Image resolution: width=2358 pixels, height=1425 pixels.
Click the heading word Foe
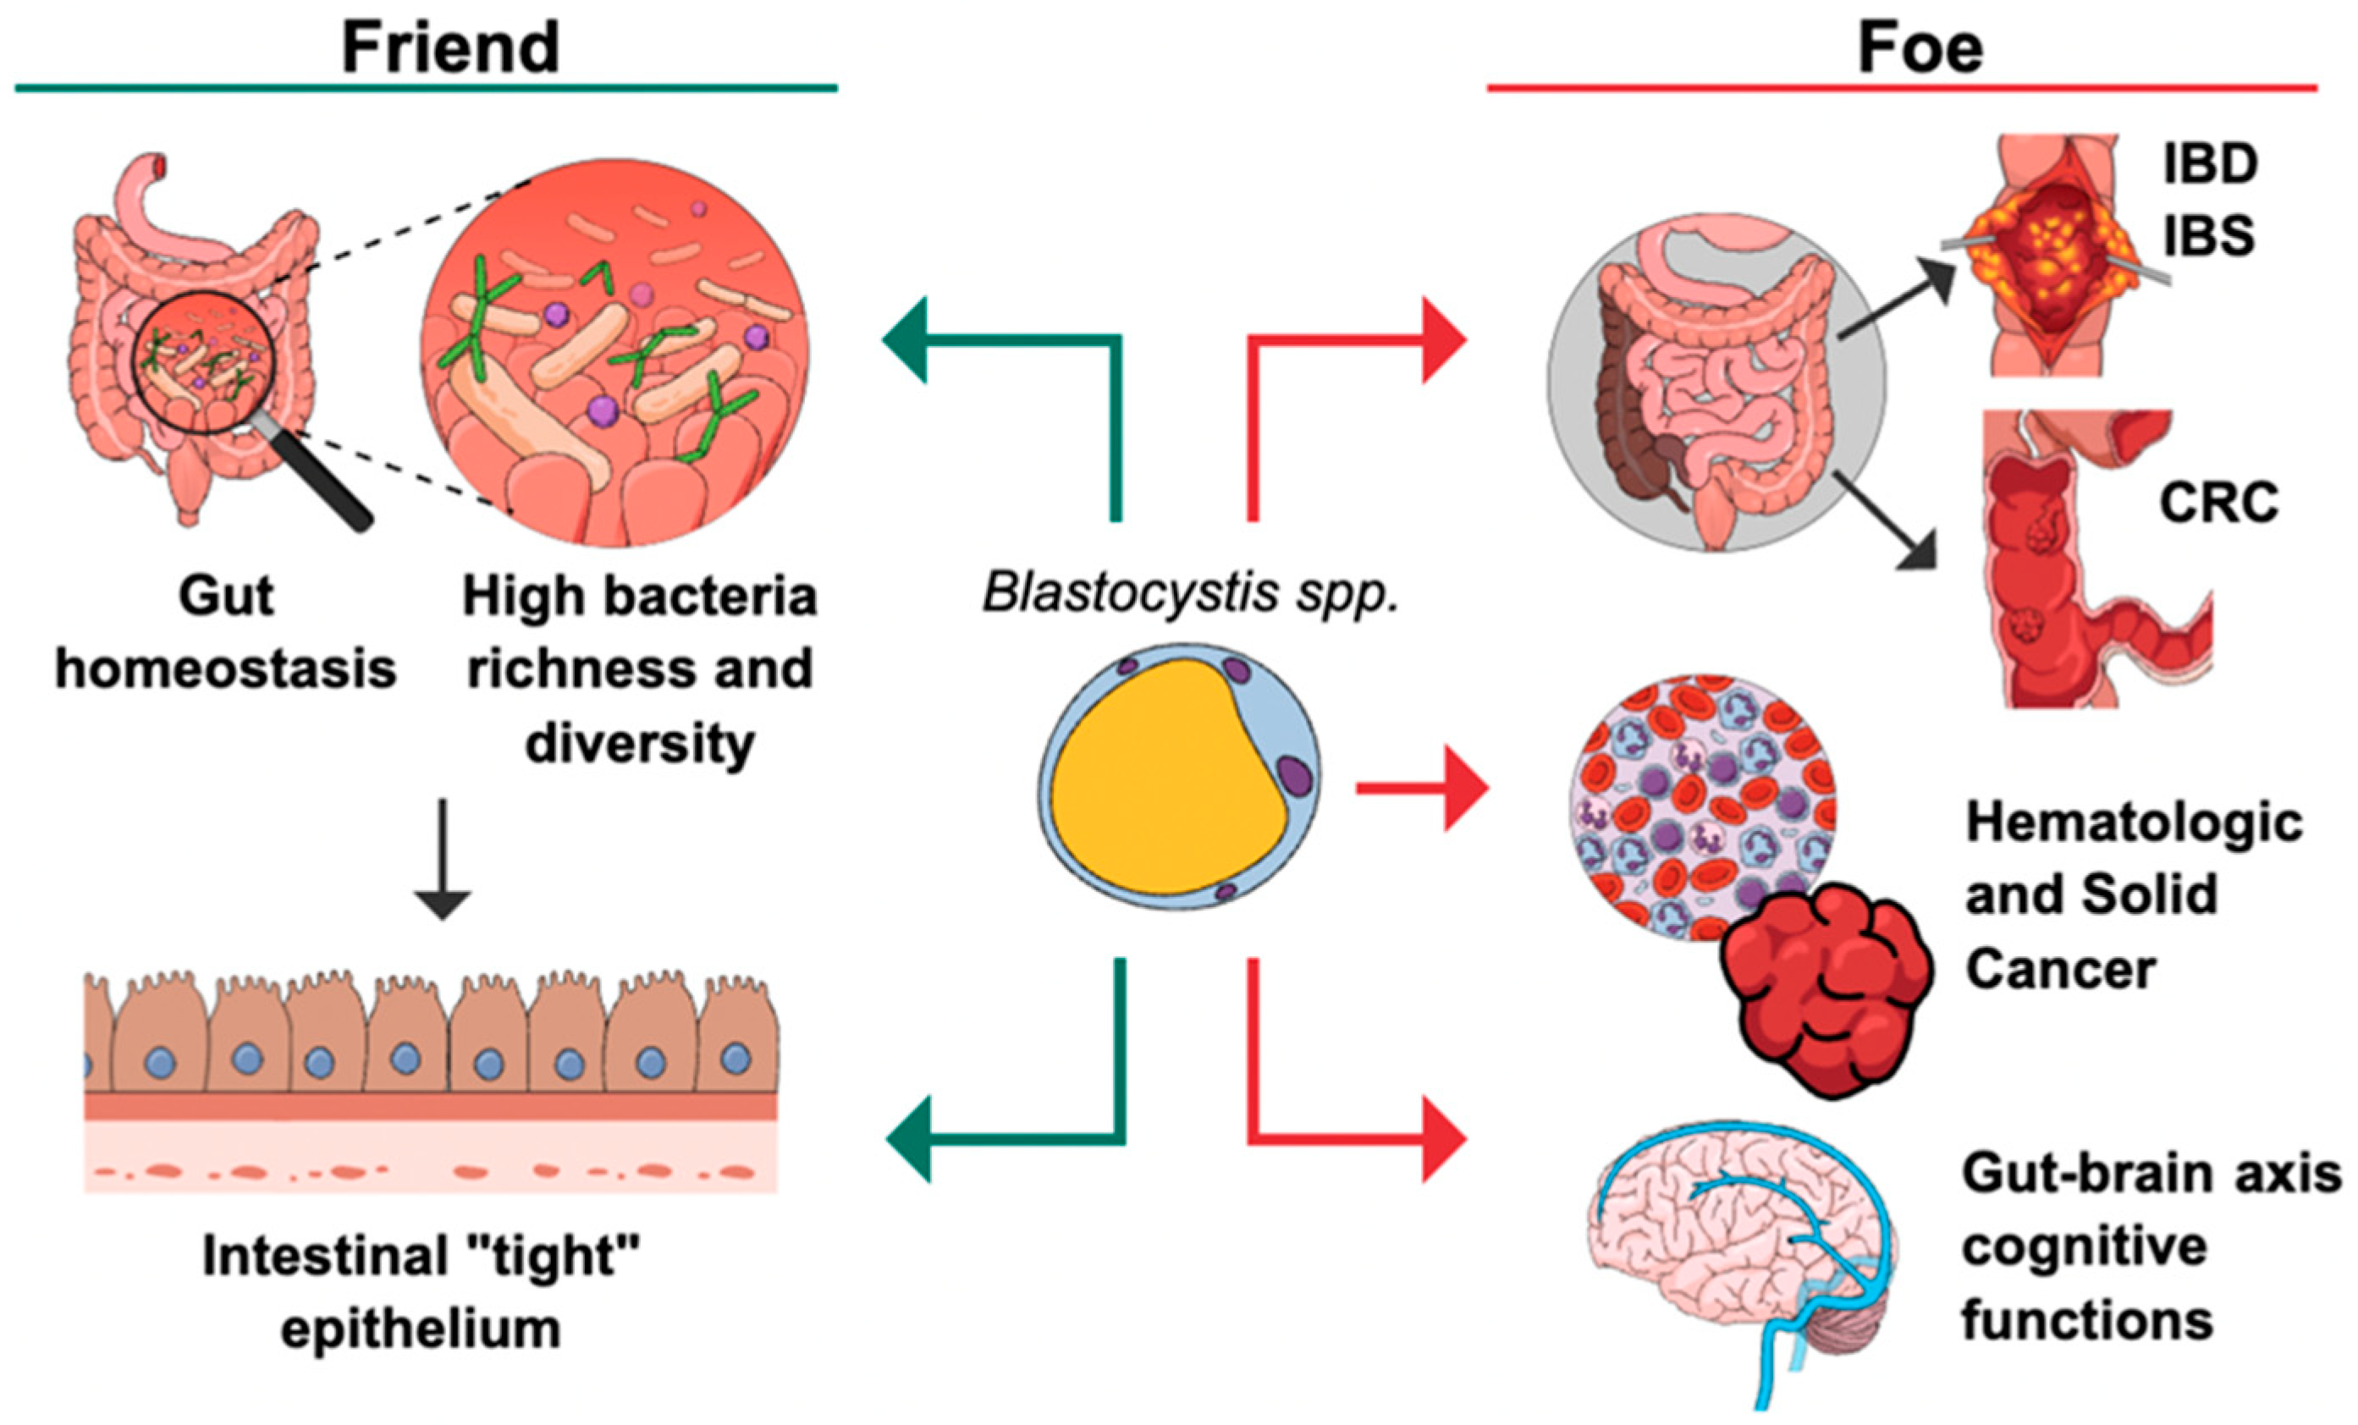point(1920,48)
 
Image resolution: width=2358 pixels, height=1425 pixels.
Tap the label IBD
point(2211,165)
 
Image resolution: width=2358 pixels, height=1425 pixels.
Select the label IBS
point(2209,235)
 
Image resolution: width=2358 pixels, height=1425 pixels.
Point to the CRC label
point(2218,503)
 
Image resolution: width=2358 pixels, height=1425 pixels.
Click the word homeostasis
point(226,667)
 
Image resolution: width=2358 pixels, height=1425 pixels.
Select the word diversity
point(639,744)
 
